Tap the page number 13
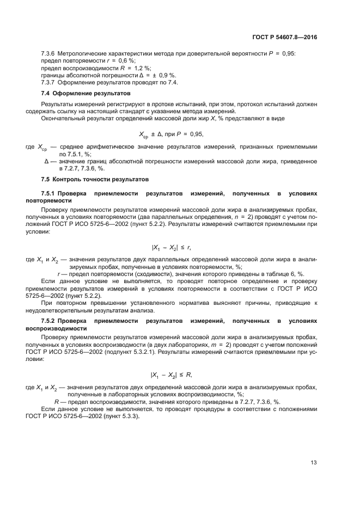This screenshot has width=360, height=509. tap(314, 462)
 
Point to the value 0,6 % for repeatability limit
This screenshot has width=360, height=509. tap(129, 62)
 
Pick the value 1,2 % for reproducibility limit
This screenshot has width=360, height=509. tap(141, 69)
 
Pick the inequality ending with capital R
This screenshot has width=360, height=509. tap(171, 375)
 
